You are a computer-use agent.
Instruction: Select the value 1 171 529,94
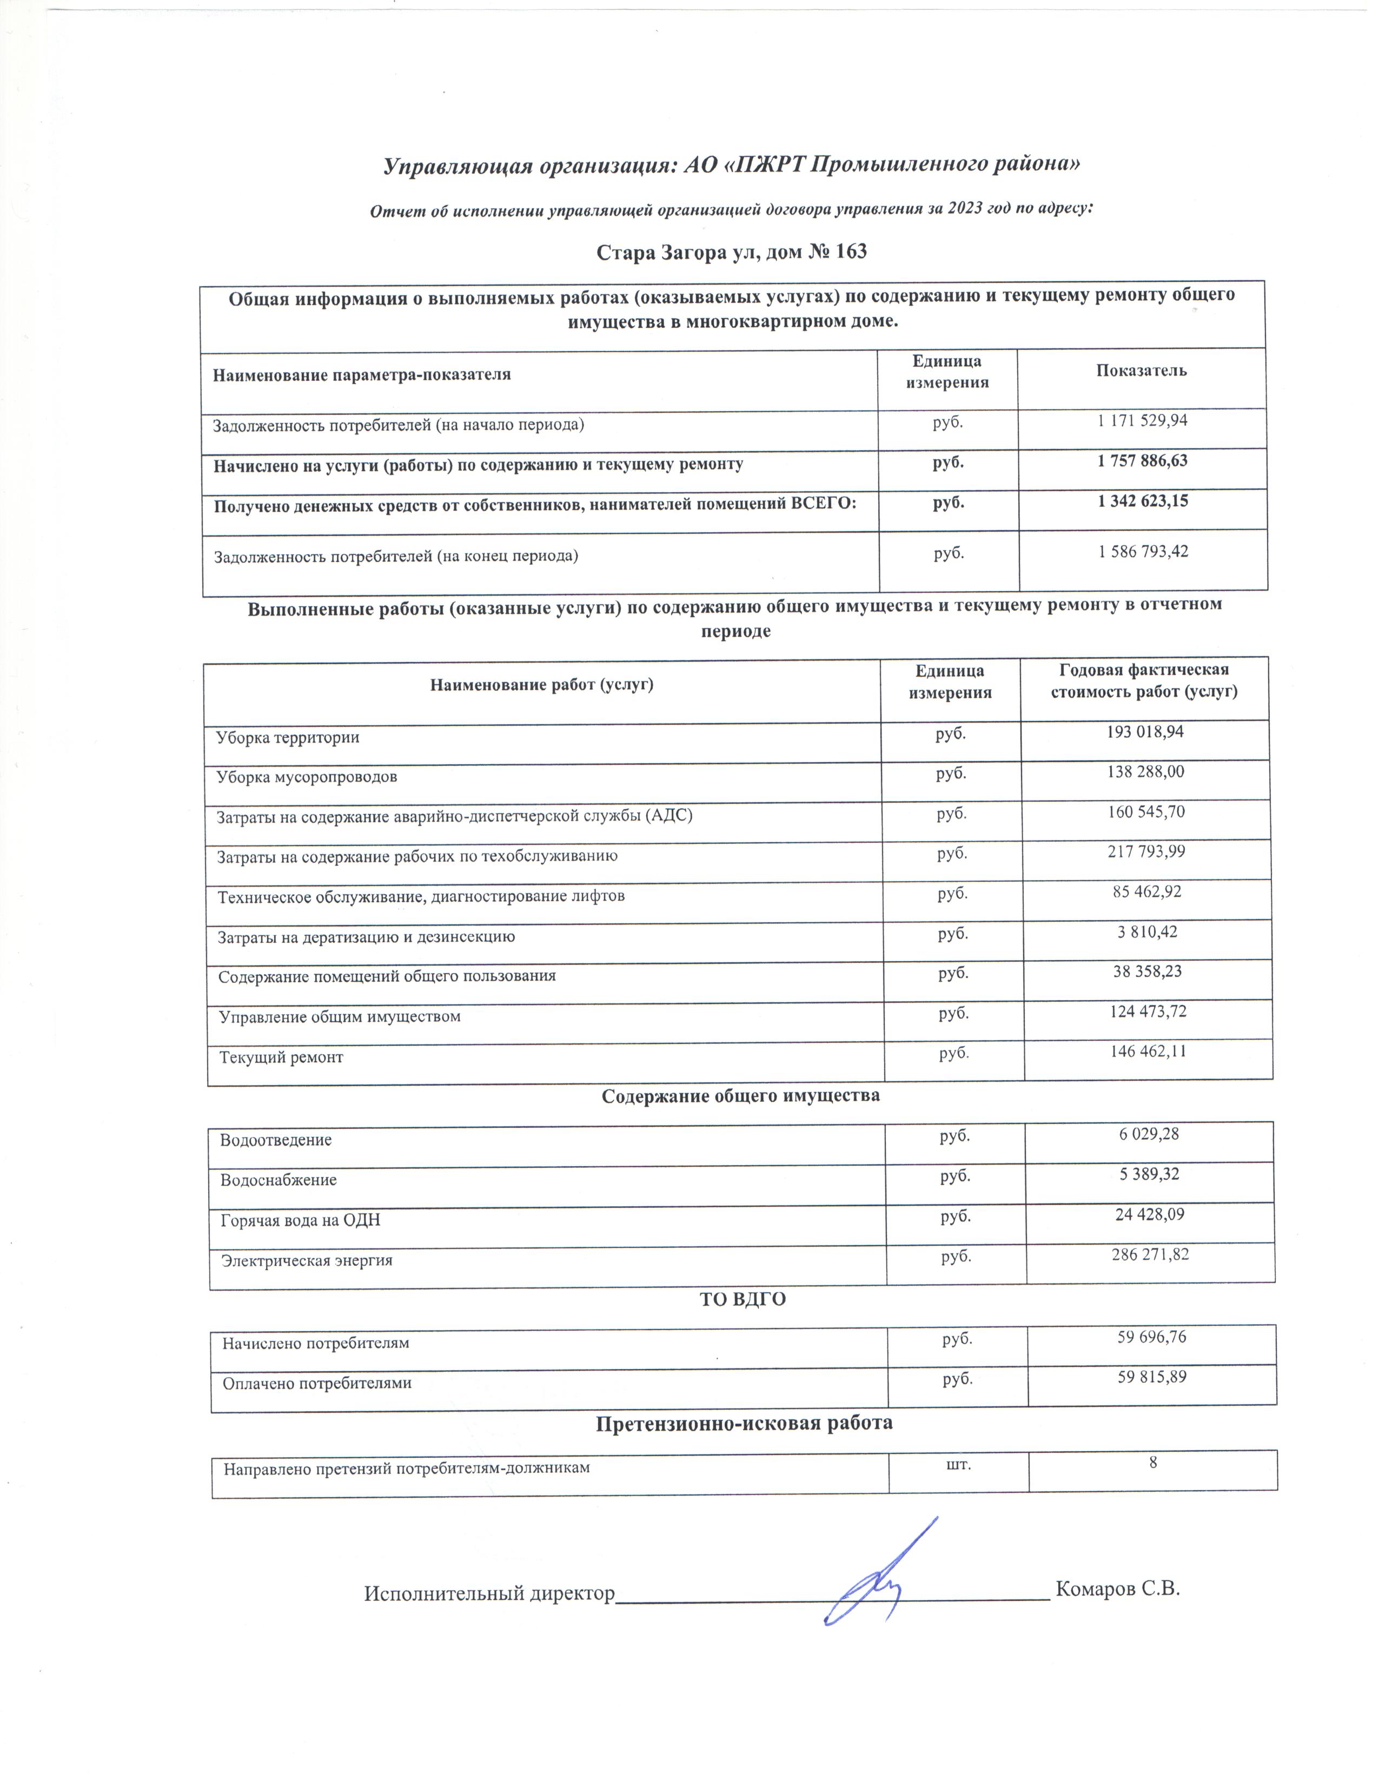[x=1142, y=421]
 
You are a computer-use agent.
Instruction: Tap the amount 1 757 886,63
[x=1142, y=461]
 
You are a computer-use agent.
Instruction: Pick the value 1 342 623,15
[x=1142, y=501]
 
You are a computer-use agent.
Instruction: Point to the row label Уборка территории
[x=288, y=737]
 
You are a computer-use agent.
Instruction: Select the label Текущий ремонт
[x=281, y=1057]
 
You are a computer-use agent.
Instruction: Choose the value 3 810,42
[x=1147, y=932]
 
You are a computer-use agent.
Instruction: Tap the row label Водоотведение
[x=276, y=1140]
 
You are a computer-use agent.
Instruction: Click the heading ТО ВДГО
[x=742, y=1299]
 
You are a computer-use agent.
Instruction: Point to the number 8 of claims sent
[x=1153, y=1463]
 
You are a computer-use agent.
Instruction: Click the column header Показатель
[x=1141, y=370]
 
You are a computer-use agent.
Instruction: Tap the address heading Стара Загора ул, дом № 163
[x=731, y=252]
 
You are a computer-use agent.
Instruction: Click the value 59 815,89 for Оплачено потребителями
[x=1151, y=1377]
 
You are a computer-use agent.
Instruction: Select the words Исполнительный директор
[x=488, y=1594]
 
